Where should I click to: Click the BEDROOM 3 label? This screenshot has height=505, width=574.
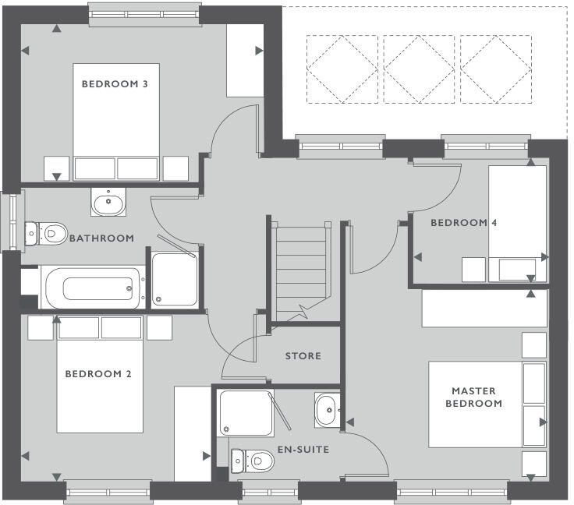point(115,84)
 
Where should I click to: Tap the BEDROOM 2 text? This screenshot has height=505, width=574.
point(97,374)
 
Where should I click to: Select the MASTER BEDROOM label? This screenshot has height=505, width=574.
point(473,397)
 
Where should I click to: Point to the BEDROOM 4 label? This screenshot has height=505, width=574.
point(464,223)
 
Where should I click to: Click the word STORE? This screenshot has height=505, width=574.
point(303,356)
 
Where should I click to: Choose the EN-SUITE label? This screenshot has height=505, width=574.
point(303,450)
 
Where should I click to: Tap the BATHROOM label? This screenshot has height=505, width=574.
point(101,238)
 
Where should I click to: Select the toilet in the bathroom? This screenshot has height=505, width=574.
point(48,232)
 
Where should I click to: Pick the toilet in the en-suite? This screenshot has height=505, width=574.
point(253,461)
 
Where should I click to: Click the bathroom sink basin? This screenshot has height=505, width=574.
point(108,204)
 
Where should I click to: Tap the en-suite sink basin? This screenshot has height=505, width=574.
point(326,408)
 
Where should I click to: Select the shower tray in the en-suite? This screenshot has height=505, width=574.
point(246,414)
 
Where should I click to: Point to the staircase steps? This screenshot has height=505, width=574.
point(301,265)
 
